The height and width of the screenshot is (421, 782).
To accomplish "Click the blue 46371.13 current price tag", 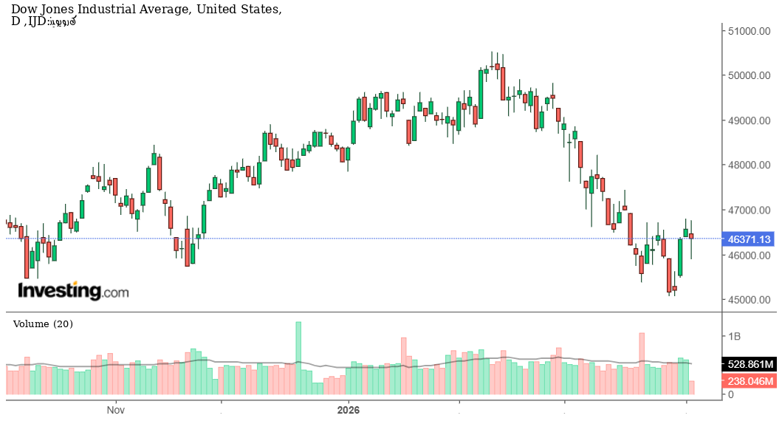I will [749, 239].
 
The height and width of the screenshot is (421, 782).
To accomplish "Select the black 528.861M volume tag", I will [750, 365].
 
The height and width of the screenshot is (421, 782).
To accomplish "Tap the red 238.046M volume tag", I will [750, 381].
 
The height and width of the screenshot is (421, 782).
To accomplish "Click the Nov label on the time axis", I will [114, 409].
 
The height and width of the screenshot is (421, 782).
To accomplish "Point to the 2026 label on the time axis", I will [348, 409].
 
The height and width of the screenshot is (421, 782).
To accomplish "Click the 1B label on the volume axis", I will [735, 336].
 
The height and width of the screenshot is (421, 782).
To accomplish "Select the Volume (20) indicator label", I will [43, 324].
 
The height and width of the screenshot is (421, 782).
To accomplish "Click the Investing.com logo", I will [73, 291].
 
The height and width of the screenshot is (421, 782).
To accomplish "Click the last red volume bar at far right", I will [691, 387].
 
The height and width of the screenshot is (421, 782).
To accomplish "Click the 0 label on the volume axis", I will [731, 395].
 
